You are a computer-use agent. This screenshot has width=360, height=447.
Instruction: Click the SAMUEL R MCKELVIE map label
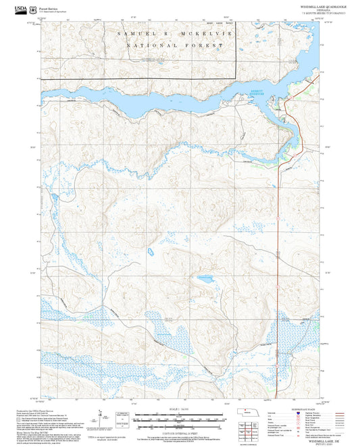[170, 32]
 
